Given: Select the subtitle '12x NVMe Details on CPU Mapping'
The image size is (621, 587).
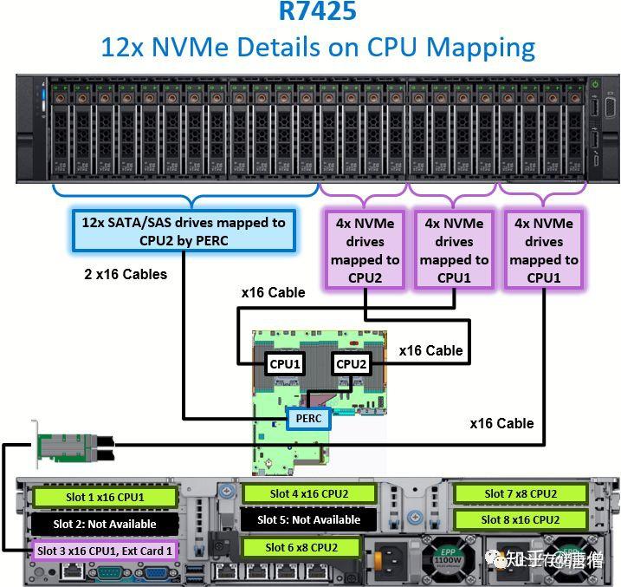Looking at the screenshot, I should (x=317, y=47).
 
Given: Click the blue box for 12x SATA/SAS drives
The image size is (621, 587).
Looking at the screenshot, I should (x=183, y=232).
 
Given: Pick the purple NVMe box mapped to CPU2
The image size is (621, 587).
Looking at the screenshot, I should (x=365, y=250).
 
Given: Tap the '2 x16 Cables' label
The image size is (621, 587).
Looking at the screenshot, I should (x=126, y=274).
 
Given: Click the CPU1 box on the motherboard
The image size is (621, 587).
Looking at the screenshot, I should (x=283, y=364).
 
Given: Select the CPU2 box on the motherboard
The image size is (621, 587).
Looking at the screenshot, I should (x=351, y=364).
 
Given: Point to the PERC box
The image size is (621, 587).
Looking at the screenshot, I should (x=308, y=419).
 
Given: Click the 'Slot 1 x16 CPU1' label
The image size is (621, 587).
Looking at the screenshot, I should (x=105, y=498).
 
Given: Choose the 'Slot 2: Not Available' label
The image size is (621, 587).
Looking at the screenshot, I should (x=105, y=524).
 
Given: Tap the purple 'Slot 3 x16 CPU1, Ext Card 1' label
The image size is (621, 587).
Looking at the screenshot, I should (x=105, y=550).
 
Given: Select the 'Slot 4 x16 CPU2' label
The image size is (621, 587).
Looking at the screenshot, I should (x=309, y=494).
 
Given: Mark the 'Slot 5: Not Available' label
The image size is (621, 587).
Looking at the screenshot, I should (x=309, y=520).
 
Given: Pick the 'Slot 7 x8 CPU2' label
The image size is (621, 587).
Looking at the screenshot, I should (x=521, y=494).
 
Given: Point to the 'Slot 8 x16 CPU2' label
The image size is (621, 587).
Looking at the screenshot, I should (x=521, y=520).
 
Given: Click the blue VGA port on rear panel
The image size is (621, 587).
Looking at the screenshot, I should (x=157, y=572).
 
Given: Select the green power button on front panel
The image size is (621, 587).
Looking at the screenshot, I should (x=594, y=85).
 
